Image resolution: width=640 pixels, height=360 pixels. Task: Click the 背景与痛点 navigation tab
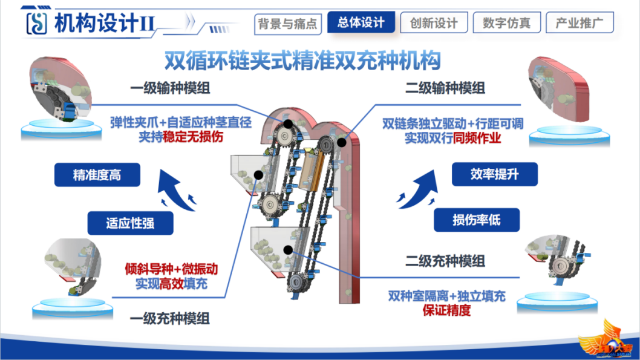coord(288,24)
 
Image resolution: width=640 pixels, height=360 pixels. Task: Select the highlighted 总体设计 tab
coord(361,22)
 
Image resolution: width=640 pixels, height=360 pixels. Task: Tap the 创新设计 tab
coord(434,22)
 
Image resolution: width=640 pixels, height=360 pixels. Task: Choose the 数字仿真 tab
coord(506,22)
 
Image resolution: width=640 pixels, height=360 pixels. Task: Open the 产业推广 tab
coord(580,22)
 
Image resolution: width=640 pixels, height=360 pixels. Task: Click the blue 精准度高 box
coord(97,175)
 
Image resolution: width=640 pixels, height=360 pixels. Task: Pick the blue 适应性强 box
coord(130,223)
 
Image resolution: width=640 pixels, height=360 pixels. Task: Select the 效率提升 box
coord(494,174)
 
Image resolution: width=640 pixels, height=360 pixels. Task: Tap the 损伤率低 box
coord(476,220)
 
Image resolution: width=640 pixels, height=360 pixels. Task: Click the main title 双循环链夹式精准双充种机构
coord(302,61)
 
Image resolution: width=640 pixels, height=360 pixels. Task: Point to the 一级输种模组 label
coord(170,88)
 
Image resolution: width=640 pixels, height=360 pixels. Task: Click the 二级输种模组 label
coord(445,88)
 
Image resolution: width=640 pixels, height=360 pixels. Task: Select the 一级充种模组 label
coord(170,318)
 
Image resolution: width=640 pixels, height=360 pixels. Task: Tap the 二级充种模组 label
coord(445,261)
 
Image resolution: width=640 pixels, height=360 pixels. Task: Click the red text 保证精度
coord(446,310)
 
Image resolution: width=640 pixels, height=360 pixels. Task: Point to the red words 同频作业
coord(477,138)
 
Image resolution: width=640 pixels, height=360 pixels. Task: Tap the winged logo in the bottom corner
coord(606,340)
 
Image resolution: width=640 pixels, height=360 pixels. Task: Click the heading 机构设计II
coord(105,23)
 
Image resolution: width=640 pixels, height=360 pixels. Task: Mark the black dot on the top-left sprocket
coord(288,123)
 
